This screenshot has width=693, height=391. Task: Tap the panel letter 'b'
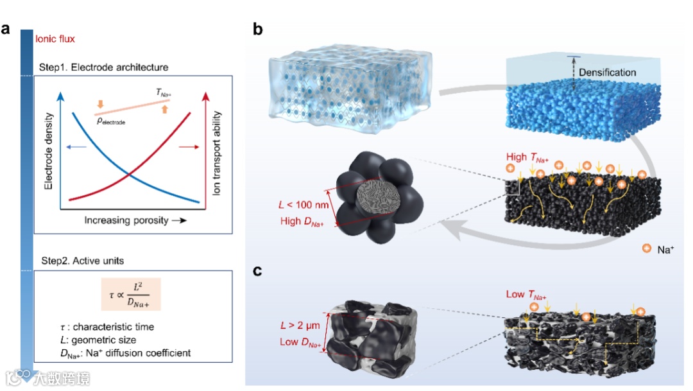pos(259,29)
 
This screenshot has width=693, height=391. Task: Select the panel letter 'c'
pos(258,270)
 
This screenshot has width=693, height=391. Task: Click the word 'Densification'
pos(607,73)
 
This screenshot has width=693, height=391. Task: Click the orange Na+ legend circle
pos(646,248)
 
